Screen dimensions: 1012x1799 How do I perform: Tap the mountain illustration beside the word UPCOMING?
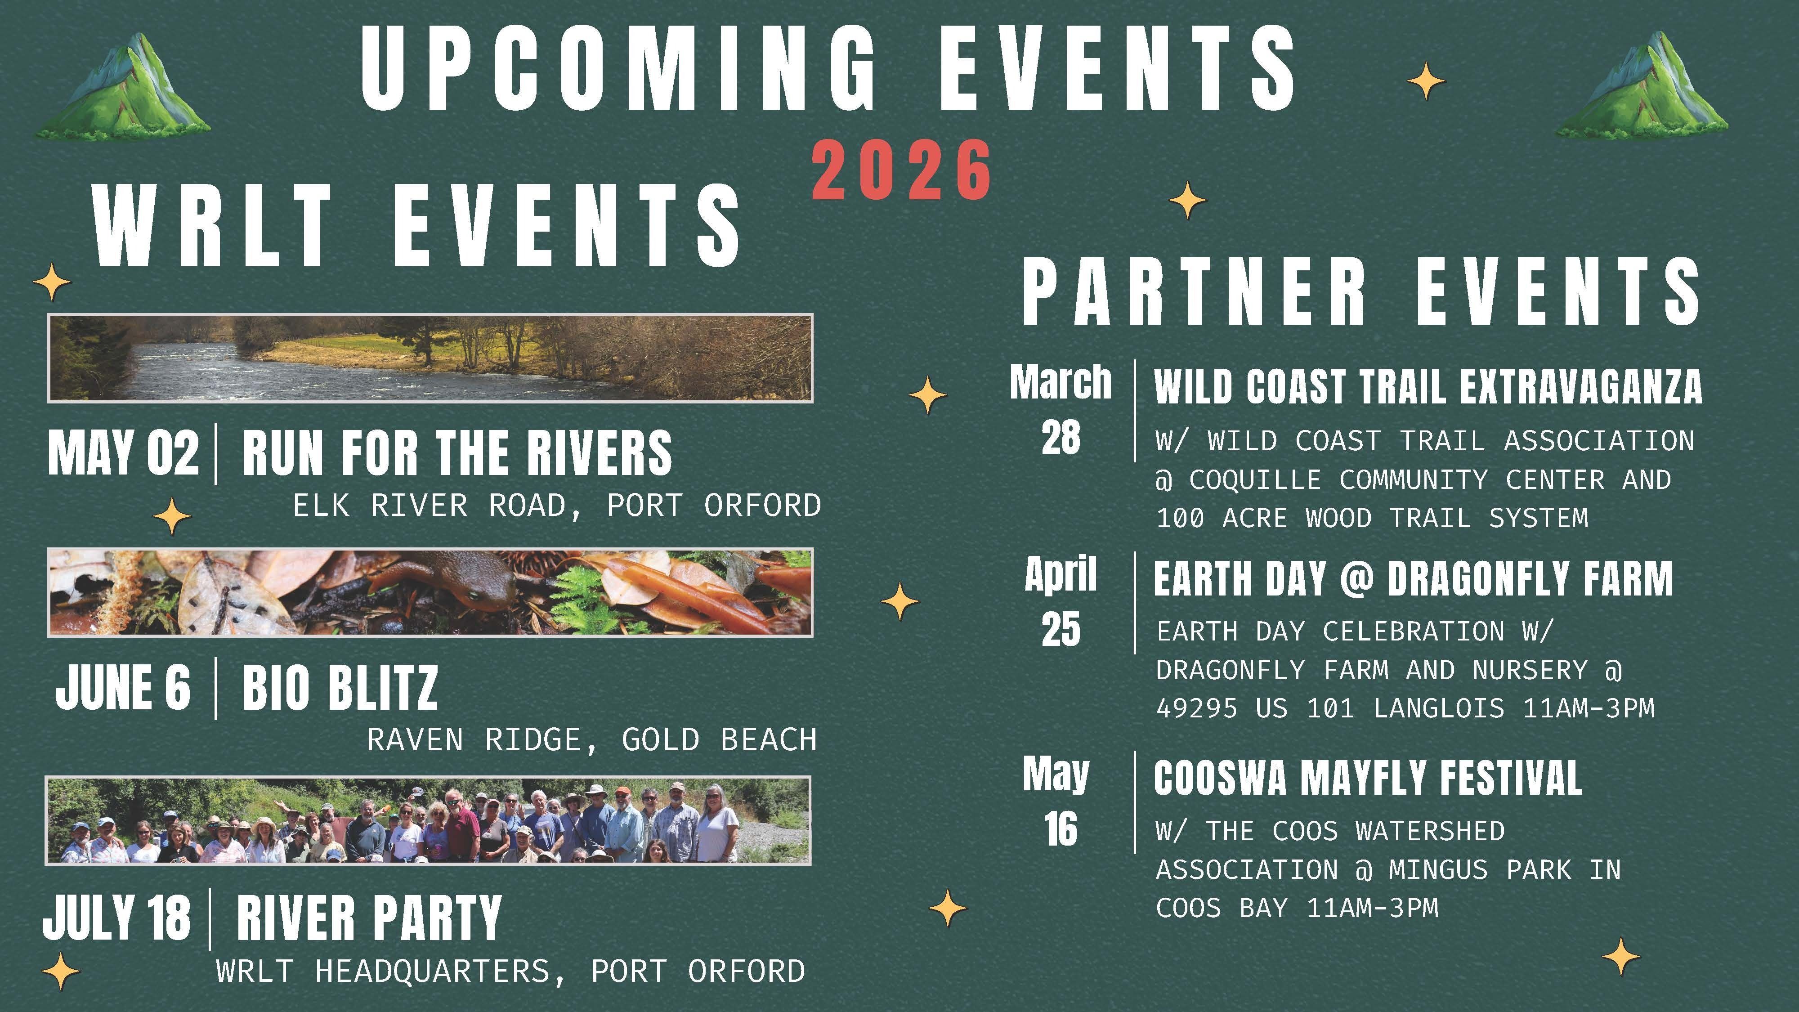pyautogui.click(x=124, y=87)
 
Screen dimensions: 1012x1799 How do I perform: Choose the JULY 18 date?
pyautogui.click(x=116, y=917)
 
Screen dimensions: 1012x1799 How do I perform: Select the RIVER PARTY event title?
pyautogui.click(x=369, y=917)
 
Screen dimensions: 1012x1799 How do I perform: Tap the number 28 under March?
pyautogui.click(x=1060, y=438)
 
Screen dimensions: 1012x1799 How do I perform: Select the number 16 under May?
pyautogui.click(x=1060, y=830)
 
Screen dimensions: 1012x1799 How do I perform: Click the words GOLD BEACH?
pyautogui.click(x=719, y=739)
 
